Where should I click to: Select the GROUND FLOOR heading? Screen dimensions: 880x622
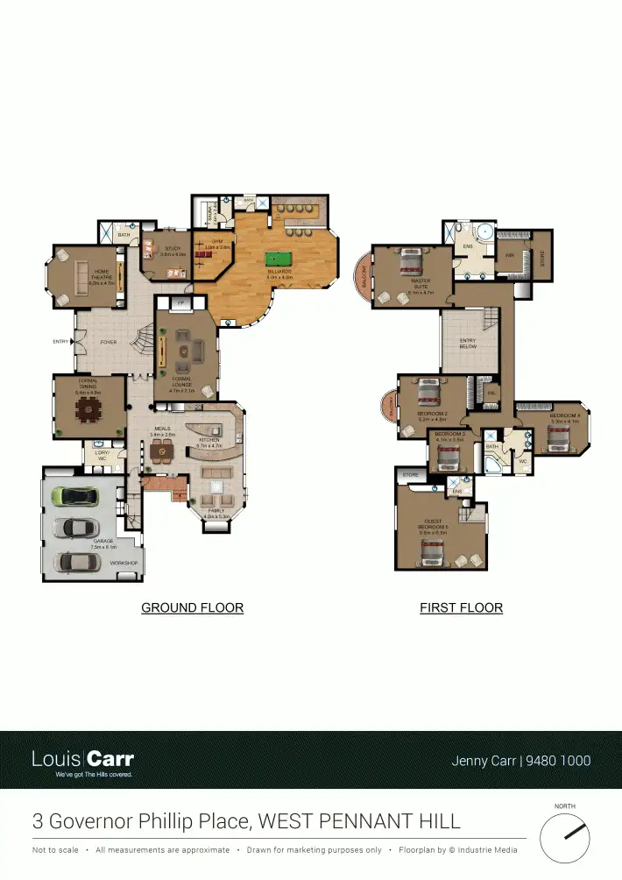click(192, 607)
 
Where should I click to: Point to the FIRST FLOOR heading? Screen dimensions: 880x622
click(461, 607)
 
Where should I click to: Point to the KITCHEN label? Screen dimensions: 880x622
click(209, 441)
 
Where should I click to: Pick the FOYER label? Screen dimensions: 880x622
click(109, 342)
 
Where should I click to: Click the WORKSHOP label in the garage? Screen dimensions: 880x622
click(124, 563)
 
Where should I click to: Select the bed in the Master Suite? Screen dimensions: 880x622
click(410, 260)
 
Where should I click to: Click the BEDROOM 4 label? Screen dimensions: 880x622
click(565, 416)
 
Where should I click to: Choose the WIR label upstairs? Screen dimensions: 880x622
click(509, 256)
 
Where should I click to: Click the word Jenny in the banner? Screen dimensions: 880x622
click(470, 761)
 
